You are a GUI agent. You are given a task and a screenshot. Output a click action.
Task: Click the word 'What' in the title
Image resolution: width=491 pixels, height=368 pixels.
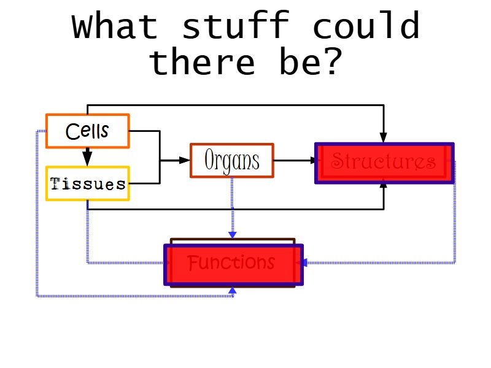coord(115,26)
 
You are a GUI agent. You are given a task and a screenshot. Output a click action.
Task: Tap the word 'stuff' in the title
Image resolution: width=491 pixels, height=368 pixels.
coord(236,26)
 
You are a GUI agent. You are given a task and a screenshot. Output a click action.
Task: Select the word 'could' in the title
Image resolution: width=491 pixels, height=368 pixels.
coord(366,26)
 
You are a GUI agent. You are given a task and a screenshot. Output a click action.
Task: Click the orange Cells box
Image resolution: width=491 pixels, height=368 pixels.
coord(87,131)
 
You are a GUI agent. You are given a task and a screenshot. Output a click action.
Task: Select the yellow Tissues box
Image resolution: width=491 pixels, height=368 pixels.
coord(87,183)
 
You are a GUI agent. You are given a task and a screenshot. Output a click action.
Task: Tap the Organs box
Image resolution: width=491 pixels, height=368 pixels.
coord(231,161)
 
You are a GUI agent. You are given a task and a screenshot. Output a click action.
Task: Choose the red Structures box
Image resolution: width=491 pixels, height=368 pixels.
coord(384,163)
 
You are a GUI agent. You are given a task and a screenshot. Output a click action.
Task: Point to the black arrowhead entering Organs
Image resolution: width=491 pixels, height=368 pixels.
coord(185,161)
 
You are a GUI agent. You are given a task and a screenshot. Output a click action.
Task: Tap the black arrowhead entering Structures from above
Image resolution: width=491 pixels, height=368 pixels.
coord(384,137)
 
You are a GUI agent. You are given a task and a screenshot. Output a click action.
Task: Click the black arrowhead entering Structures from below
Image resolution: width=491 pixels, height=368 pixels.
coord(384,186)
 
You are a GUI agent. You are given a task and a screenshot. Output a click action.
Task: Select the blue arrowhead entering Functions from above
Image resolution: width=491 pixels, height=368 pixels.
coord(232,234)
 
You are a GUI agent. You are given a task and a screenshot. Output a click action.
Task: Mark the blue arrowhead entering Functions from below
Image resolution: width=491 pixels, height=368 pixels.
coord(232,290)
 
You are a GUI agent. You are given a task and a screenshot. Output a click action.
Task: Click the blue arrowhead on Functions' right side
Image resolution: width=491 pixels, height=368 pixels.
coord(301,263)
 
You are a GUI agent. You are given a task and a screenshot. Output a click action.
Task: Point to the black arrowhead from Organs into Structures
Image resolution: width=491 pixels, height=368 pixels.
coord(314,161)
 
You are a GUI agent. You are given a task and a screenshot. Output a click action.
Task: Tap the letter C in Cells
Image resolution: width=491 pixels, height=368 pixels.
coord(72,131)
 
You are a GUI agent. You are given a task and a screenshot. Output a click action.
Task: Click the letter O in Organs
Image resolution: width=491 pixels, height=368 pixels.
coord(211,161)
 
